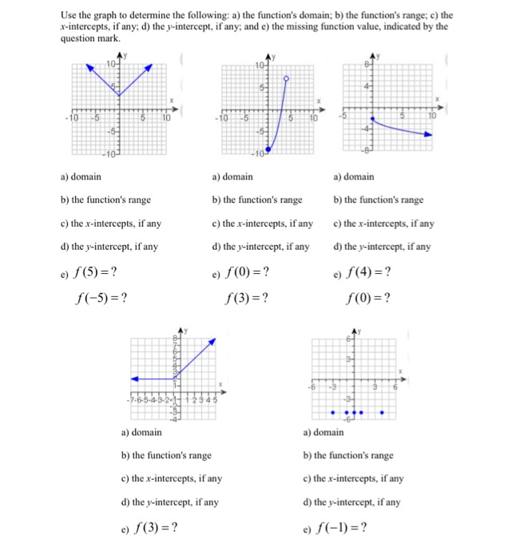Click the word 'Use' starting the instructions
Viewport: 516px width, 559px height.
[x=71, y=14]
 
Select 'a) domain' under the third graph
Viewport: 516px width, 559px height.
[x=353, y=176]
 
